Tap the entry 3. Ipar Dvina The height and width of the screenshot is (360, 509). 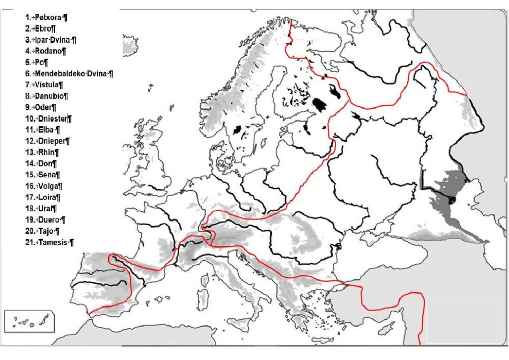55,40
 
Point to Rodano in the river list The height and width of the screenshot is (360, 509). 50,51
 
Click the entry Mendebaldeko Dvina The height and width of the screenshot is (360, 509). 73,73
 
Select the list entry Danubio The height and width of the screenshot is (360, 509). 51,96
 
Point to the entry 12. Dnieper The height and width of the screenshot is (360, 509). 53,141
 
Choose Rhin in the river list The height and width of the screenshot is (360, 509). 48,152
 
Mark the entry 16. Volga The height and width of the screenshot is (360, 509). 50,186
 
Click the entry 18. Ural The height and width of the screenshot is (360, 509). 47,208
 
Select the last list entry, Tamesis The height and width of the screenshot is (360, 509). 53,242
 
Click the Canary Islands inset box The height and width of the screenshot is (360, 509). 29,322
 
